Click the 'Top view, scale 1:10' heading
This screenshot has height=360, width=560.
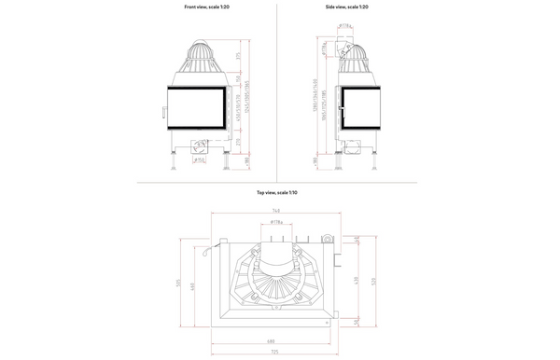coord(276,192)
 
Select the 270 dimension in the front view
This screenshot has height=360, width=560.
coord(239,142)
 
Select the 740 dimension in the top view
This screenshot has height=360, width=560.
coord(275,211)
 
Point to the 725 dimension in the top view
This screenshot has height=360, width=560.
coord(270,351)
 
